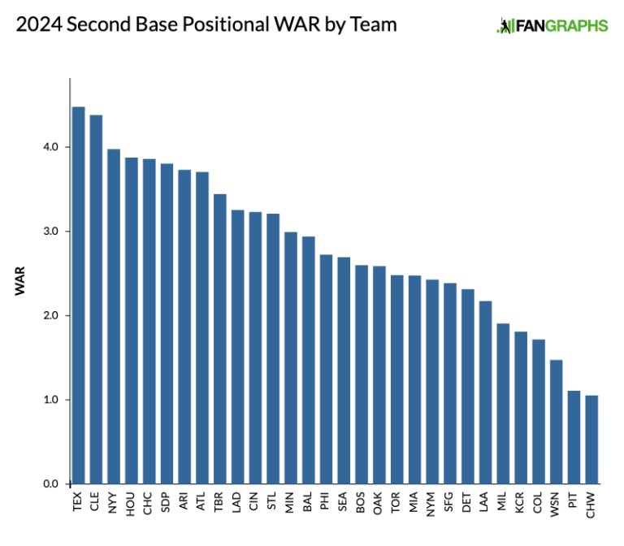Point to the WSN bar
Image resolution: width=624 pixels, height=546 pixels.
point(557,422)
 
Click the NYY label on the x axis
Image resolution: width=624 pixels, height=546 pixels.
point(114,503)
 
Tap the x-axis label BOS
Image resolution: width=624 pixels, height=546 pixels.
point(362,503)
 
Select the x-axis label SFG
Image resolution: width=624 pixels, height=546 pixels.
point(450,503)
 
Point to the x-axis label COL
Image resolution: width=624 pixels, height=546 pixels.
point(539,503)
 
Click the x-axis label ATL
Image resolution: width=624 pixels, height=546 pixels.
point(202,503)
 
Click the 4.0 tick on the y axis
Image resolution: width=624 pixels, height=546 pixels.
point(51,147)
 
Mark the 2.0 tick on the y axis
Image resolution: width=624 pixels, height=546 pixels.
point(51,315)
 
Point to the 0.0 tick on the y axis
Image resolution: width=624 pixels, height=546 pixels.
point(51,484)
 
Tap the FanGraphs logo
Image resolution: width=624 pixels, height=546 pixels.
point(552,25)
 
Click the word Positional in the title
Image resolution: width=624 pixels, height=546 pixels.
point(210,25)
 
